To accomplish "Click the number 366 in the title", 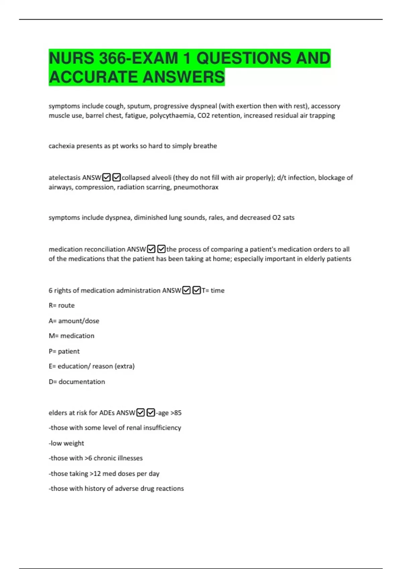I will [113, 58].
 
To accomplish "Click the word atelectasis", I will [64, 177].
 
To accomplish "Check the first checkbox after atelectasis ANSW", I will [107, 177].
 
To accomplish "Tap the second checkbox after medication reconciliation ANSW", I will [161, 249].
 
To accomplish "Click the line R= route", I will [62, 306].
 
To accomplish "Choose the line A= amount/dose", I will [74, 321].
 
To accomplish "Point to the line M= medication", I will [71, 336].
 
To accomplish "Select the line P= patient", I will [64, 351].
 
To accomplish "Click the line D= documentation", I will [77, 382].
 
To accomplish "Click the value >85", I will [176, 413].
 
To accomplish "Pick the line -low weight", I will [66, 443].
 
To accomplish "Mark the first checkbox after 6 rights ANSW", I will [186, 290].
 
